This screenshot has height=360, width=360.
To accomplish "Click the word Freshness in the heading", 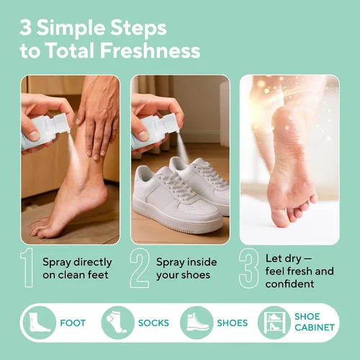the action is [150, 50].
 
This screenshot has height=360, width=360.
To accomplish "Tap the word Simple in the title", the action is [71, 28].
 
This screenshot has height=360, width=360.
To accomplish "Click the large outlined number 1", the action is [27, 267].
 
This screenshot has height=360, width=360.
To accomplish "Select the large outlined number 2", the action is [140, 268].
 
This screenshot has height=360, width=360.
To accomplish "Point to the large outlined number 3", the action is [249, 268].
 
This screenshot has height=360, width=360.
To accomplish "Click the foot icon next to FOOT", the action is [39, 323].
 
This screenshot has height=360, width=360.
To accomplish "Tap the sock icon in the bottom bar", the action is [117, 323].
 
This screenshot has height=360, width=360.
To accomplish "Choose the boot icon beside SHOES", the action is [197, 323].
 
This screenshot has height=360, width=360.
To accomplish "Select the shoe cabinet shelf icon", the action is [274, 323].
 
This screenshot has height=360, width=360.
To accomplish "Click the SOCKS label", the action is [153, 323].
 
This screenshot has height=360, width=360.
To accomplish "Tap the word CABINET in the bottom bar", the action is [315, 328].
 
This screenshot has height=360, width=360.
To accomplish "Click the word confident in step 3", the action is [289, 284].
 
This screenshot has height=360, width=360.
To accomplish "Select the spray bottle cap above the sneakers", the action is [171, 123].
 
